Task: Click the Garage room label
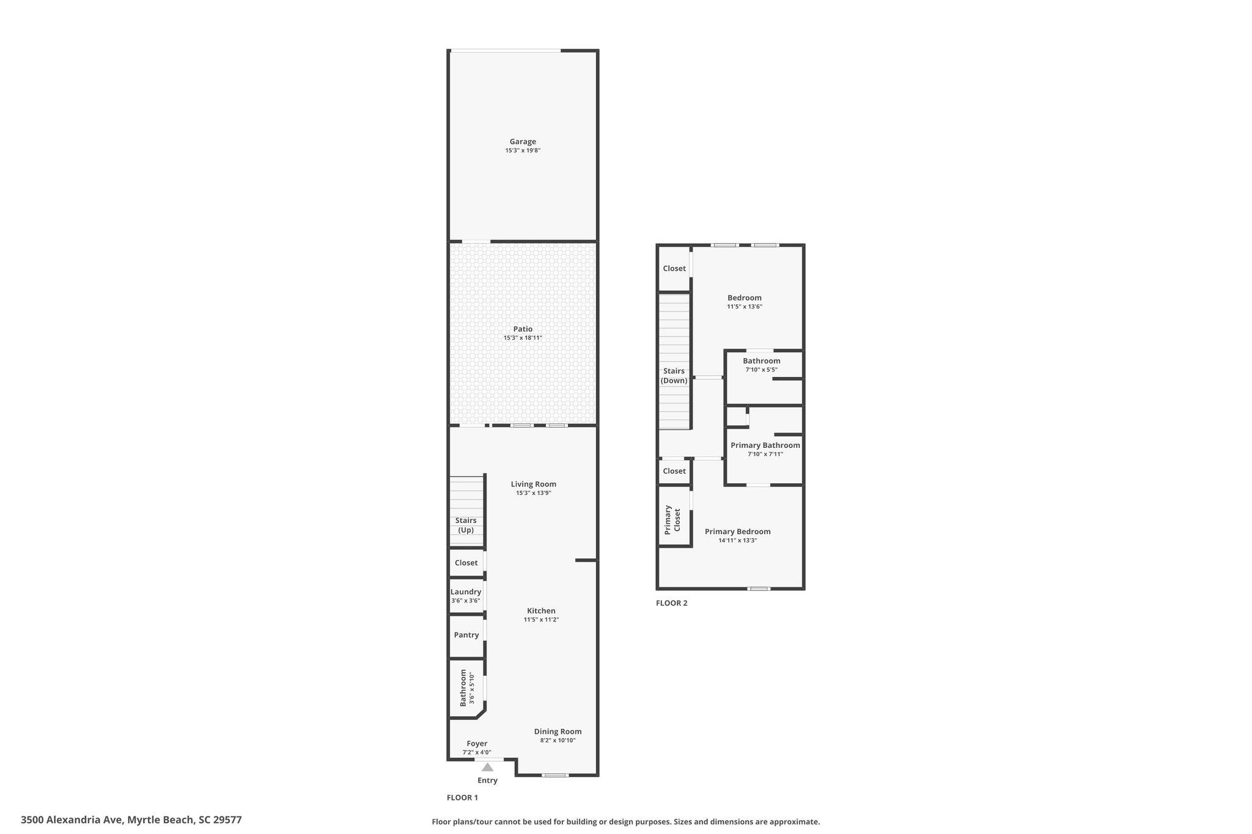[x=523, y=142]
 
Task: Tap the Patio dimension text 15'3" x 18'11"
[x=523, y=338]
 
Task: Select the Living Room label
[x=534, y=485]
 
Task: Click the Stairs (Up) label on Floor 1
[x=466, y=525]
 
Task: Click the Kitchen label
[x=541, y=611]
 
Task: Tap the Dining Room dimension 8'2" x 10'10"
[x=558, y=741]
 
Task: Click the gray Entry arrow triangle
[x=487, y=767]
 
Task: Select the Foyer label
[x=477, y=744]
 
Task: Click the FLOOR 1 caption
[x=462, y=797]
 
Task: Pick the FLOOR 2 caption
[x=671, y=603]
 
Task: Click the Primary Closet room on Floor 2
[x=674, y=516]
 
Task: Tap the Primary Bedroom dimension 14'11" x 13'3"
[x=737, y=540]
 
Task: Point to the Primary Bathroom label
[x=765, y=445]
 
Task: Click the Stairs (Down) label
[x=674, y=376]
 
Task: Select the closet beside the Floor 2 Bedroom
[x=674, y=269]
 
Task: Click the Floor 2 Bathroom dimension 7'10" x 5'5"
[x=761, y=370]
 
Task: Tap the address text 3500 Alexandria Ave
[x=72, y=820]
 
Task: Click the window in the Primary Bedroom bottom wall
[x=759, y=589]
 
